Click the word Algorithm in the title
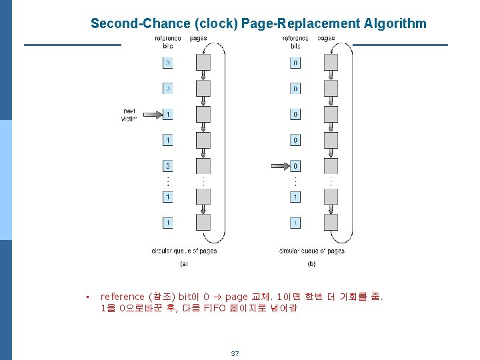coord(395,24)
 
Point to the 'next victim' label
coord(129,115)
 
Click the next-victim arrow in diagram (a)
coord(151,115)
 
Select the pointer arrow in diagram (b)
coord(279,165)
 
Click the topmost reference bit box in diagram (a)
coord(168,63)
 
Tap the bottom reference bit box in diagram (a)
coord(168,222)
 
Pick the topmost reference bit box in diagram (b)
coord(295,63)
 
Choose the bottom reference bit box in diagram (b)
coord(295,222)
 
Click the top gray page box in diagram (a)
coord(203,62)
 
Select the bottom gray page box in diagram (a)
coord(203,222)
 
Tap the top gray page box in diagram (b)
coord(331,62)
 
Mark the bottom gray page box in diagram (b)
coord(331,222)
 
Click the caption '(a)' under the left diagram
coord(184,264)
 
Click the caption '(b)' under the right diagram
coord(311,264)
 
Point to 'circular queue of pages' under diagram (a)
coord(184,251)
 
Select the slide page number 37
coord(235,353)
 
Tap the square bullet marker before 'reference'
coord(87,297)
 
